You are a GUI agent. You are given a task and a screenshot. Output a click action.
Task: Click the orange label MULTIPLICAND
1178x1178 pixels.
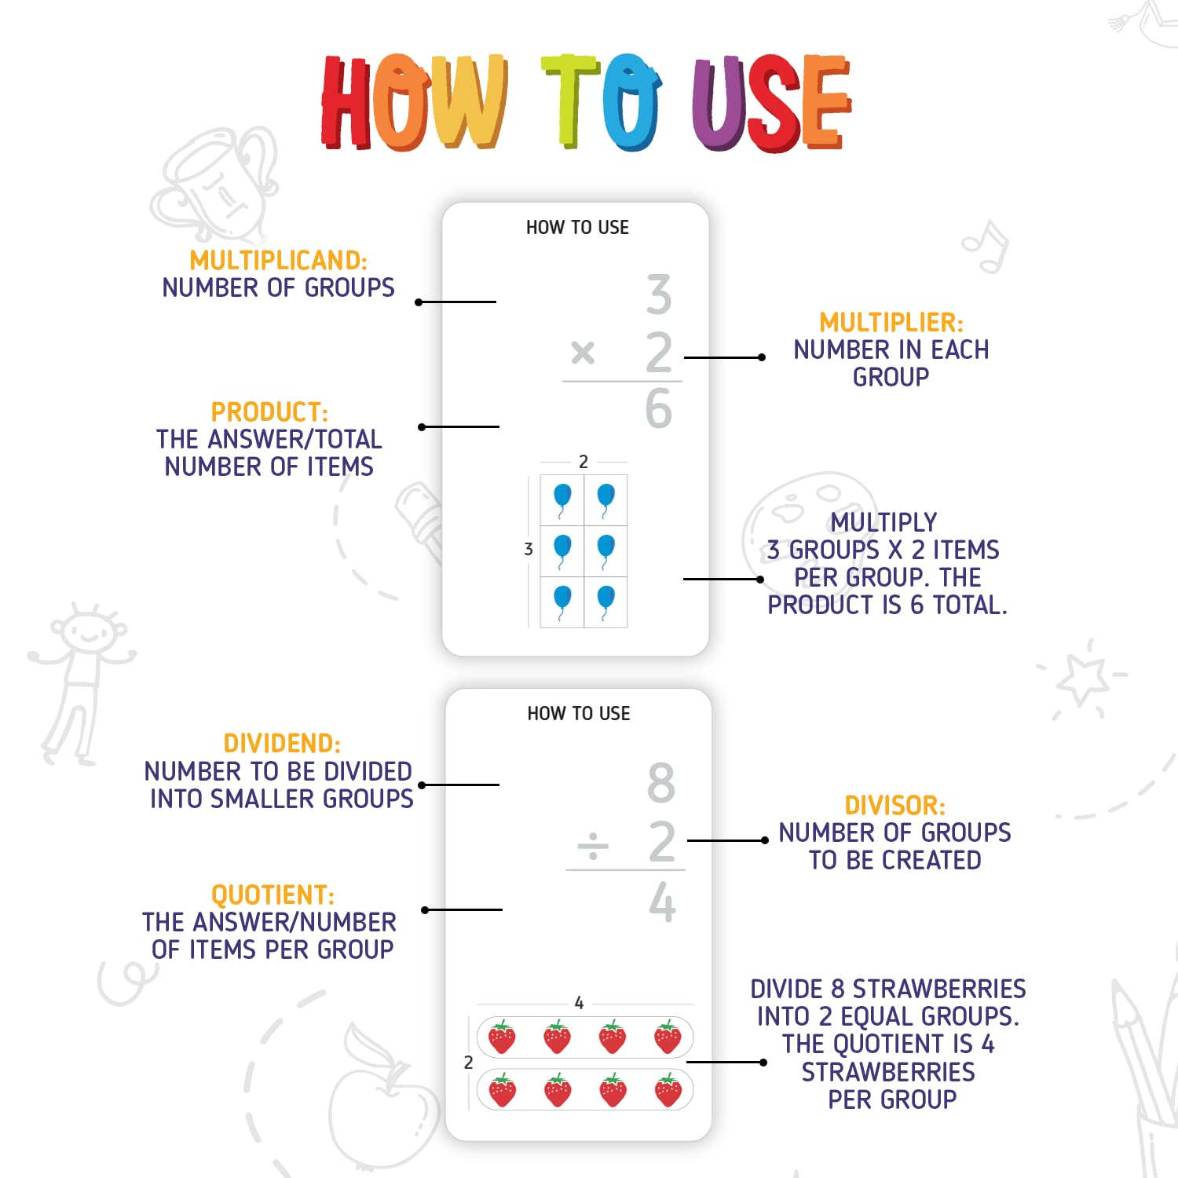[x=278, y=261]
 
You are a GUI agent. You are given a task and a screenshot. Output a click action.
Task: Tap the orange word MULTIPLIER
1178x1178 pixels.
[x=891, y=323]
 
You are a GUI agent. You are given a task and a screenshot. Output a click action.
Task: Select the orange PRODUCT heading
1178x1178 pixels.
[x=269, y=412]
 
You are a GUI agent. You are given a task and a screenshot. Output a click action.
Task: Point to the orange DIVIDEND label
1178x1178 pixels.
[x=282, y=744]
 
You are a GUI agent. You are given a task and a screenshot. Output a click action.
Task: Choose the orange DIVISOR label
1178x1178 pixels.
[x=894, y=806]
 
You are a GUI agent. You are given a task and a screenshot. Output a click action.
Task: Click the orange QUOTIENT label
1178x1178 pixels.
[x=273, y=895]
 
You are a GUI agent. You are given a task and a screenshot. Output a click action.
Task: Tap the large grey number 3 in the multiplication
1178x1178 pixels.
[x=659, y=294]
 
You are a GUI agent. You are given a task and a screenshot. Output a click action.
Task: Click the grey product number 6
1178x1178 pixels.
[x=659, y=408]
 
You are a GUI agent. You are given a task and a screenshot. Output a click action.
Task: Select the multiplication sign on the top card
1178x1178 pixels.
[x=583, y=353]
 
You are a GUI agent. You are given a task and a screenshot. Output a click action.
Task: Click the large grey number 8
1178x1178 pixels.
[x=661, y=782]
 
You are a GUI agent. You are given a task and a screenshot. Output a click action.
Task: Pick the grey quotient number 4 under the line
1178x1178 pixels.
[x=663, y=902]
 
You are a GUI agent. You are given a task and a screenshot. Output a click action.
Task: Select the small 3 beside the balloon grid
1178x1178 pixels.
[x=529, y=550]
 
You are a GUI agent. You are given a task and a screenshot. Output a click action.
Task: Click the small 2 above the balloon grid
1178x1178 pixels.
[x=584, y=462]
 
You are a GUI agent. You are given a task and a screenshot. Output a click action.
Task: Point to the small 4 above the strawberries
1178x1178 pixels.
[x=579, y=1003]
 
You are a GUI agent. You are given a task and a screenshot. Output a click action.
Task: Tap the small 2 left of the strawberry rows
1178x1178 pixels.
[x=468, y=1063]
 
